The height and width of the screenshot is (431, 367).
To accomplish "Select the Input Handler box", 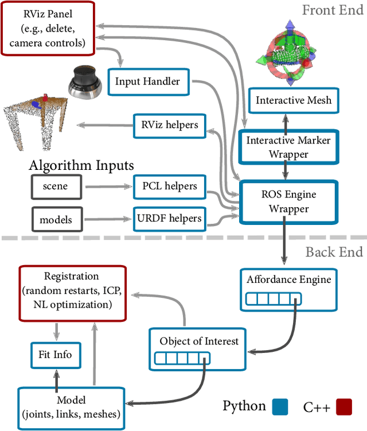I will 147,81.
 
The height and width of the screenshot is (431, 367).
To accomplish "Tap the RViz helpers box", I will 169,125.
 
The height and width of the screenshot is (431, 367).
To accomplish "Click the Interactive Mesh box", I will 294,100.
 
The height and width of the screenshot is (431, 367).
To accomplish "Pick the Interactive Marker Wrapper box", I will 285,146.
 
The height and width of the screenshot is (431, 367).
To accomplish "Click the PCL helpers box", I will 169,185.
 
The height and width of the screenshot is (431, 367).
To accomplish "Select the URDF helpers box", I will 169,218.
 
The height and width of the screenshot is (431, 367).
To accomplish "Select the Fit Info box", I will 56,355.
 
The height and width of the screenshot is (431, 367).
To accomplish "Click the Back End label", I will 334,252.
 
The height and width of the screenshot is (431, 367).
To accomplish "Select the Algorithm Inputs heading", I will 82,166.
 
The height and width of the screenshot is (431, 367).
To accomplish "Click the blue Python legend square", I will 281,407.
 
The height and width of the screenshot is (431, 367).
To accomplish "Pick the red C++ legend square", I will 343,407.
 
